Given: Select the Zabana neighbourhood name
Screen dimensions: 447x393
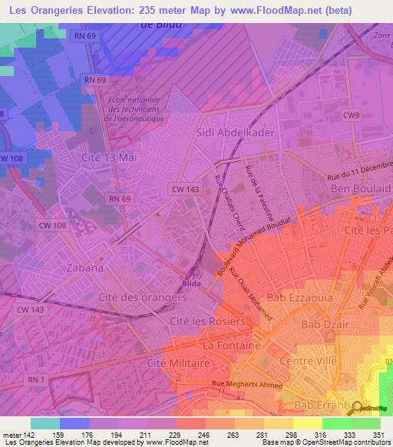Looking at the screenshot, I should (x=85, y=268).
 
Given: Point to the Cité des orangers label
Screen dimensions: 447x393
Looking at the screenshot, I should (x=143, y=296).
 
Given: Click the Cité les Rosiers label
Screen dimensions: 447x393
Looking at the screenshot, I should (x=206, y=321).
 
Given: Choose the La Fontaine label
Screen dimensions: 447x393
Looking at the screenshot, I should (x=227, y=346).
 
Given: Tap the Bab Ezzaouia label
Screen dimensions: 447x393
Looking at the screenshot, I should (x=292, y=298).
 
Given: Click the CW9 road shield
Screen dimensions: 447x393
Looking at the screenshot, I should (x=352, y=115).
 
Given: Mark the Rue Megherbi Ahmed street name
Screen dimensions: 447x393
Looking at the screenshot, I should (x=247, y=386).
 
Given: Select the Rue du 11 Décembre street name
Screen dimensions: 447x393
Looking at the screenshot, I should (x=358, y=176).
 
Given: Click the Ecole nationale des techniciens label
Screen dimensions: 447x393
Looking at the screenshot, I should (x=135, y=110).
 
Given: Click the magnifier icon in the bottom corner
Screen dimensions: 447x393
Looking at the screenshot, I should (x=355, y=408).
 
